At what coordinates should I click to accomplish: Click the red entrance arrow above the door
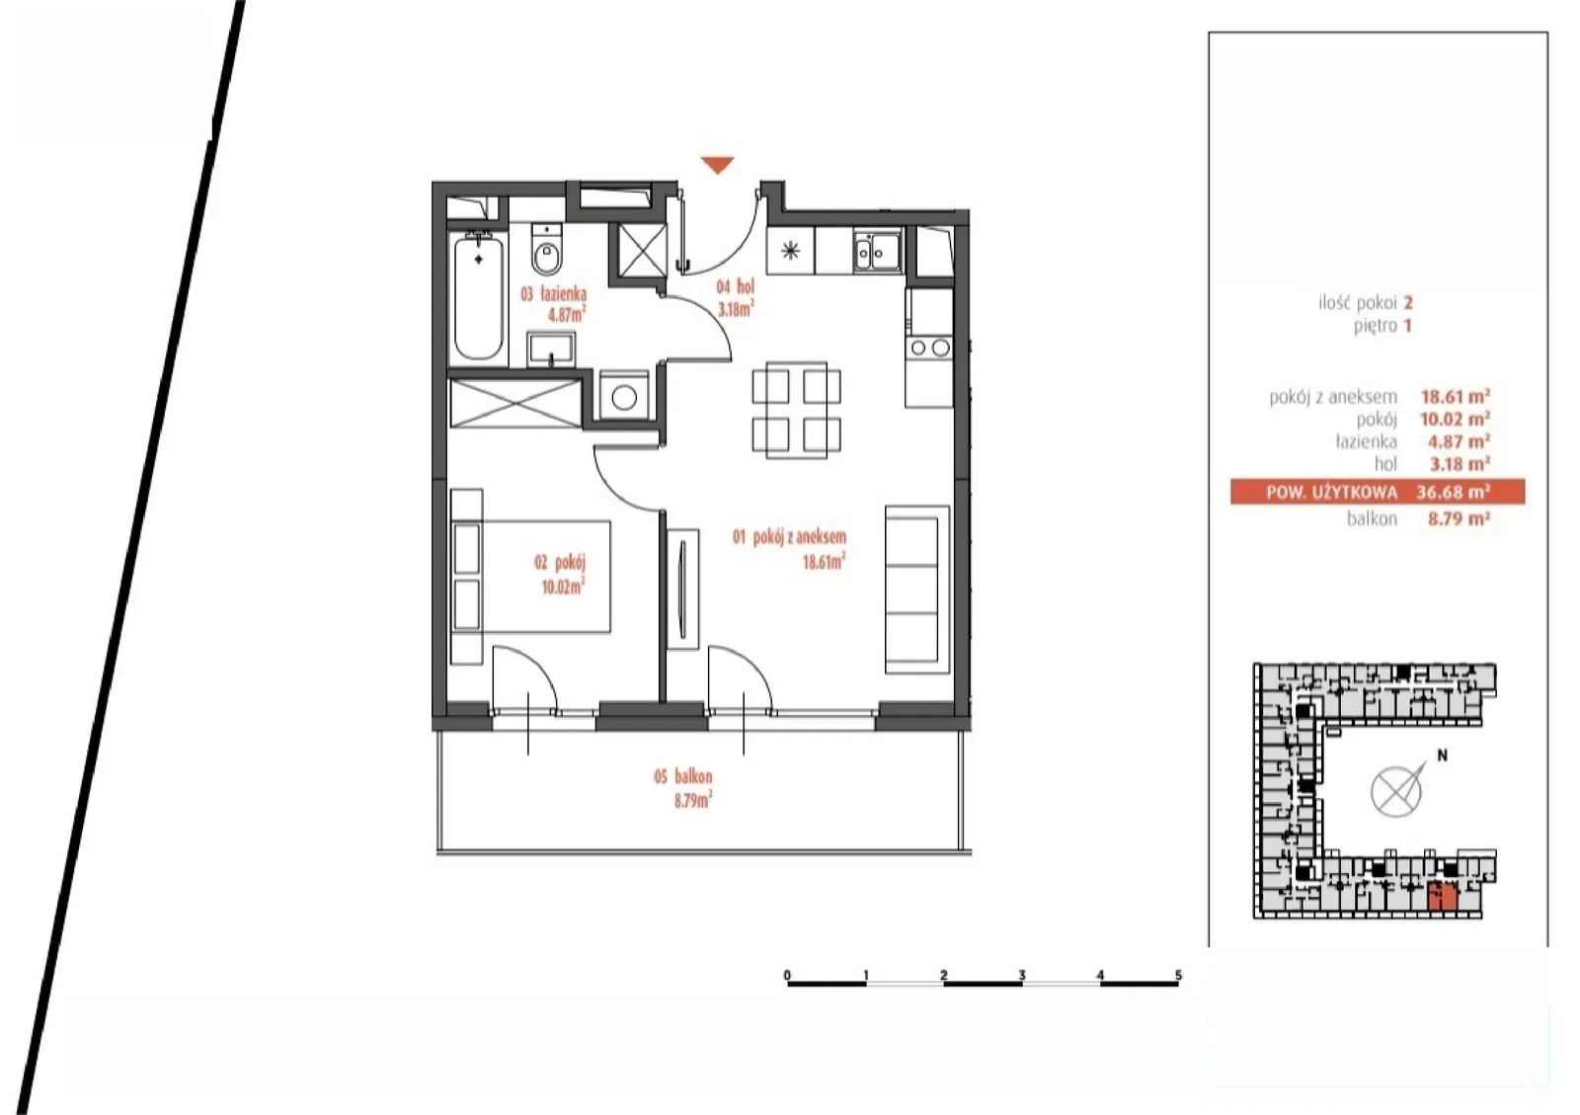(x=717, y=165)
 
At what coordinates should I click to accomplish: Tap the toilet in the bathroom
(x=546, y=250)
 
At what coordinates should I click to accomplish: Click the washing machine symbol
(x=624, y=396)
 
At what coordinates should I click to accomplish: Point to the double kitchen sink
(x=877, y=251)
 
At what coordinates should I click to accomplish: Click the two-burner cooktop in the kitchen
(x=929, y=347)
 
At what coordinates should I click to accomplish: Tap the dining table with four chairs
(x=796, y=410)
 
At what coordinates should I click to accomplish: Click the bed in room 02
(x=530, y=576)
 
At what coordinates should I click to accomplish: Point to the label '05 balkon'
(x=682, y=777)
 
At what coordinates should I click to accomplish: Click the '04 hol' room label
(x=735, y=286)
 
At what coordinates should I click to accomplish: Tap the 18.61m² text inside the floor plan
(x=824, y=561)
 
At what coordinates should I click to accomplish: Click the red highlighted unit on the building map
(x=1443, y=897)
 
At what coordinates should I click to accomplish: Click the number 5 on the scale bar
(x=1178, y=975)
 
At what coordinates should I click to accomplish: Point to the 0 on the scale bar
(x=787, y=975)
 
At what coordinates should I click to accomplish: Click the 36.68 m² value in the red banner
(x=1453, y=492)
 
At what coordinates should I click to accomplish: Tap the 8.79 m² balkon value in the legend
(x=1459, y=519)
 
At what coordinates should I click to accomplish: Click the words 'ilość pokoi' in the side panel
(x=1358, y=303)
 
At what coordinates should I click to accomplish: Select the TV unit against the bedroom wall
(x=682, y=590)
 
